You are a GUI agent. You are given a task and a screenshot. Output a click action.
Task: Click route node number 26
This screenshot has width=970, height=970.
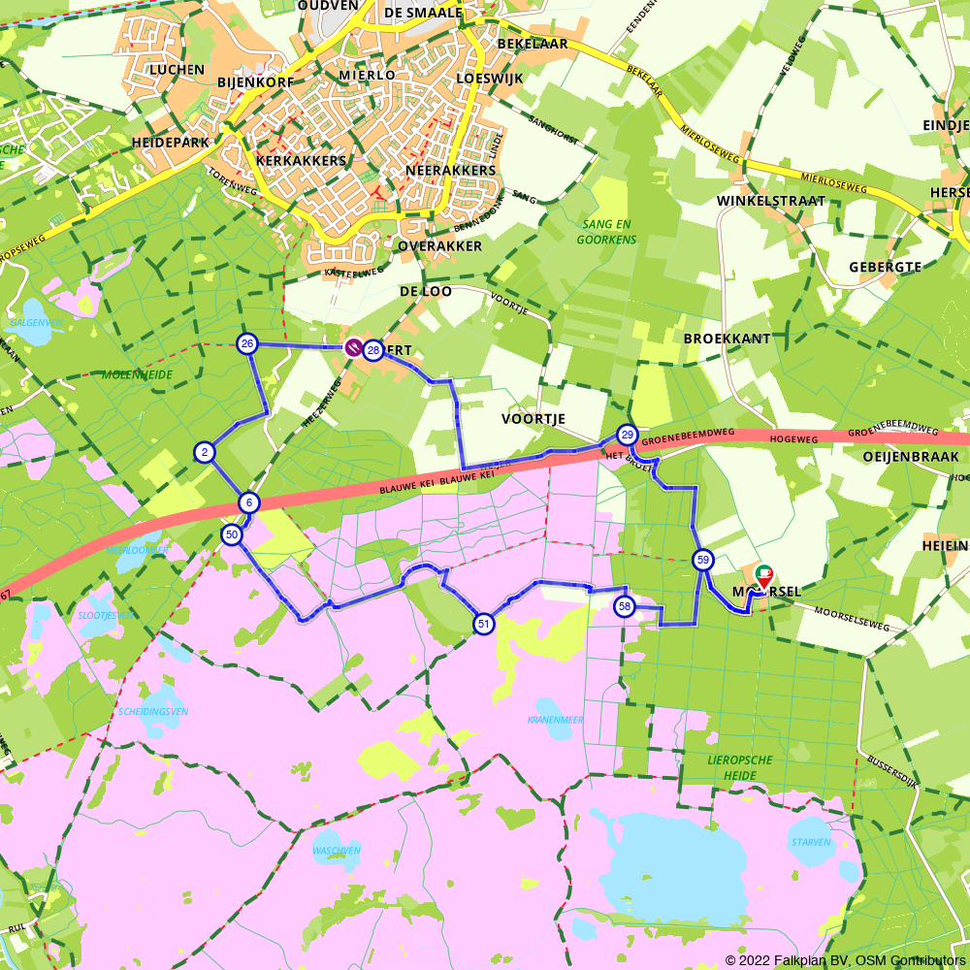tap(247, 344)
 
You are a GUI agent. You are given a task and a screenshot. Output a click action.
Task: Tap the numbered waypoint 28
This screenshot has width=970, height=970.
tap(372, 350)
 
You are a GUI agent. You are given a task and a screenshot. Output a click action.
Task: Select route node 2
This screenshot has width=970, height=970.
tap(204, 452)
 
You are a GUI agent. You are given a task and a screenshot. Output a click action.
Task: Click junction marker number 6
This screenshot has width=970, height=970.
tap(249, 502)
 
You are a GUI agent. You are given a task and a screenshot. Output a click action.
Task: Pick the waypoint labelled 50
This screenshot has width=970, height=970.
tap(231, 534)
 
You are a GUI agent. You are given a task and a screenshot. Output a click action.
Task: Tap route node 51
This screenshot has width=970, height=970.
tap(483, 624)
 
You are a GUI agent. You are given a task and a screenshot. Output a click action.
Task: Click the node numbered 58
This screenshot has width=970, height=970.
tap(625, 606)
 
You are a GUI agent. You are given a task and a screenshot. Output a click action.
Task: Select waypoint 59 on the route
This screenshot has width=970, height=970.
tap(702, 560)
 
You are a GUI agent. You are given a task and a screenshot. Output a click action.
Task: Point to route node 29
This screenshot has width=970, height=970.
tap(628, 435)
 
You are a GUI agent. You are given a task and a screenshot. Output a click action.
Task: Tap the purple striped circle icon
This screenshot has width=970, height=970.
tap(354, 346)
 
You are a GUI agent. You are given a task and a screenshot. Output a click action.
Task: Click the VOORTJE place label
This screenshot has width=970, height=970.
tap(533, 419)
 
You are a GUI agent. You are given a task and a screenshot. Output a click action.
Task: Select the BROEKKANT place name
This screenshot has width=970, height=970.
tap(727, 339)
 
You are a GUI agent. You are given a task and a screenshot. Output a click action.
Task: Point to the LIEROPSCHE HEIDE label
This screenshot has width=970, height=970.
tap(740, 767)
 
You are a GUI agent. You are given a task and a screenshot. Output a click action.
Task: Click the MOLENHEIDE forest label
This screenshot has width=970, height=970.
tap(137, 374)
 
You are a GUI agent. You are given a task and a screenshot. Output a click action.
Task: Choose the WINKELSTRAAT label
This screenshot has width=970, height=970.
tap(770, 201)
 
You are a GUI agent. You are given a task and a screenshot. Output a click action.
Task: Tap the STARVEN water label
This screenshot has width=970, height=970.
tap(810, 842)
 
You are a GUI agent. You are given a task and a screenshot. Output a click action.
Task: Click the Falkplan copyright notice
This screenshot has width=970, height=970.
tap(845, 960)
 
